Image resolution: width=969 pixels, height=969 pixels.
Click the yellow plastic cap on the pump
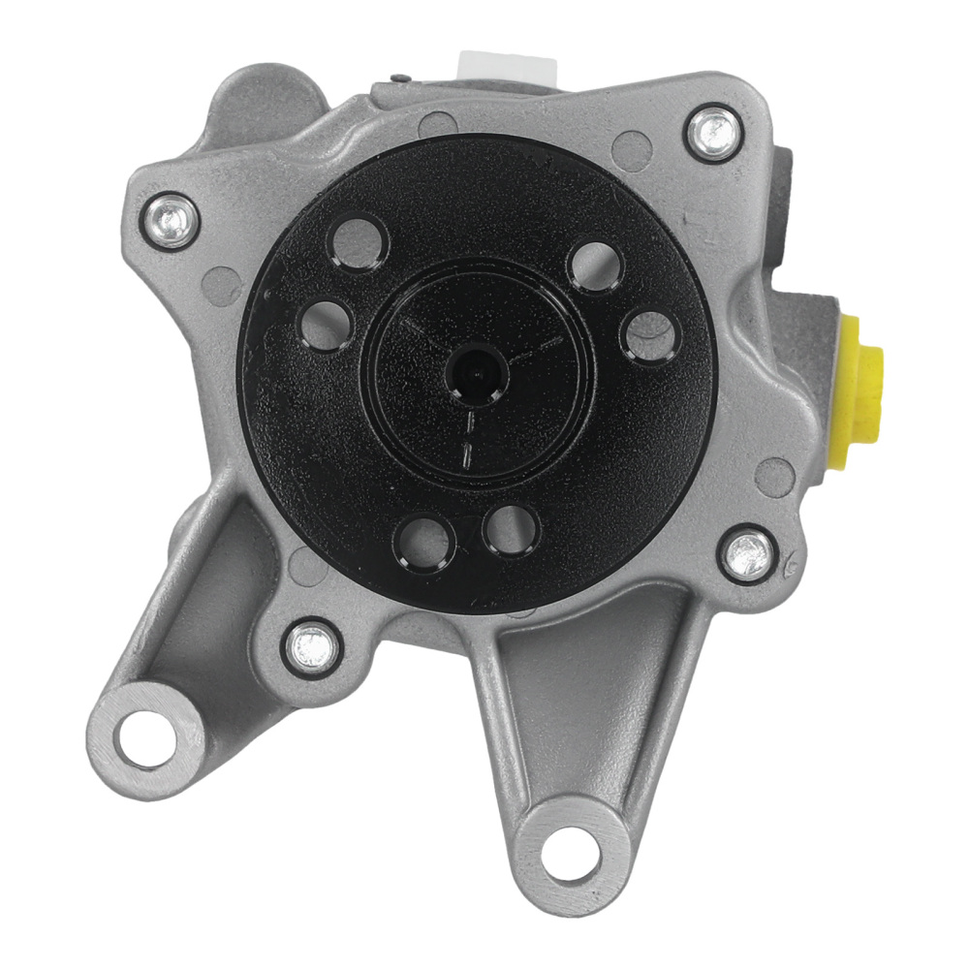pos(860,388)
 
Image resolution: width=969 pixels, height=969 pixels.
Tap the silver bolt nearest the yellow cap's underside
pos(747,554)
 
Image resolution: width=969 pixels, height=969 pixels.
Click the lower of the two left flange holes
pos(326,325)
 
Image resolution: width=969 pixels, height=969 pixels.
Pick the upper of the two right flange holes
pos(594,263)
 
